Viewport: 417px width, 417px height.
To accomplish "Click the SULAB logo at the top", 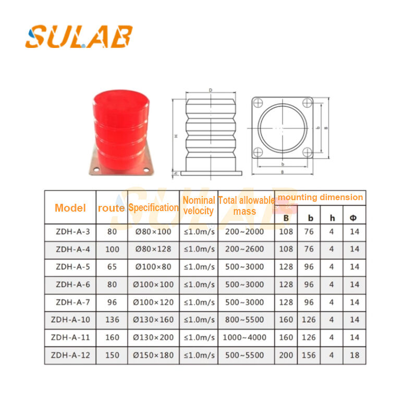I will coord(79,36).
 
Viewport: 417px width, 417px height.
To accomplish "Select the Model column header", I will coord(70,208).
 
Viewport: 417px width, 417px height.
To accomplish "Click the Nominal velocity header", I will coord(199,205).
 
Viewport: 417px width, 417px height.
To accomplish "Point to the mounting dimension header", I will coord(320,198).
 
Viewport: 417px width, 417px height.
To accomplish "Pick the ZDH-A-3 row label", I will coord(70,231).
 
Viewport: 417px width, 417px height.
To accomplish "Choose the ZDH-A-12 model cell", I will coord(70,355).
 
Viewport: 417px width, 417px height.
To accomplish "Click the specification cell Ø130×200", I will coord(154,338).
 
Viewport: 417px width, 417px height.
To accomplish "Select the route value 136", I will coord(112,320).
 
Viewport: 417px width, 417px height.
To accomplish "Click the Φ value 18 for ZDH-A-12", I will coord(354,355).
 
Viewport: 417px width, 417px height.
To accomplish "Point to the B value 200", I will coord(286,355).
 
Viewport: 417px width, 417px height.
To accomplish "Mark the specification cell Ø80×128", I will coord(154,249).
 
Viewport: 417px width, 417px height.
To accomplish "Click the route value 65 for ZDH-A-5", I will coord(112,267).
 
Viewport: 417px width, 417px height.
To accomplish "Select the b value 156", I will coord(309,355).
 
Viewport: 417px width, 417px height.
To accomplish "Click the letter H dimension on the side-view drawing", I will coord(176,136).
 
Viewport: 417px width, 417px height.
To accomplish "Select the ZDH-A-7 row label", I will coord(70,302).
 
